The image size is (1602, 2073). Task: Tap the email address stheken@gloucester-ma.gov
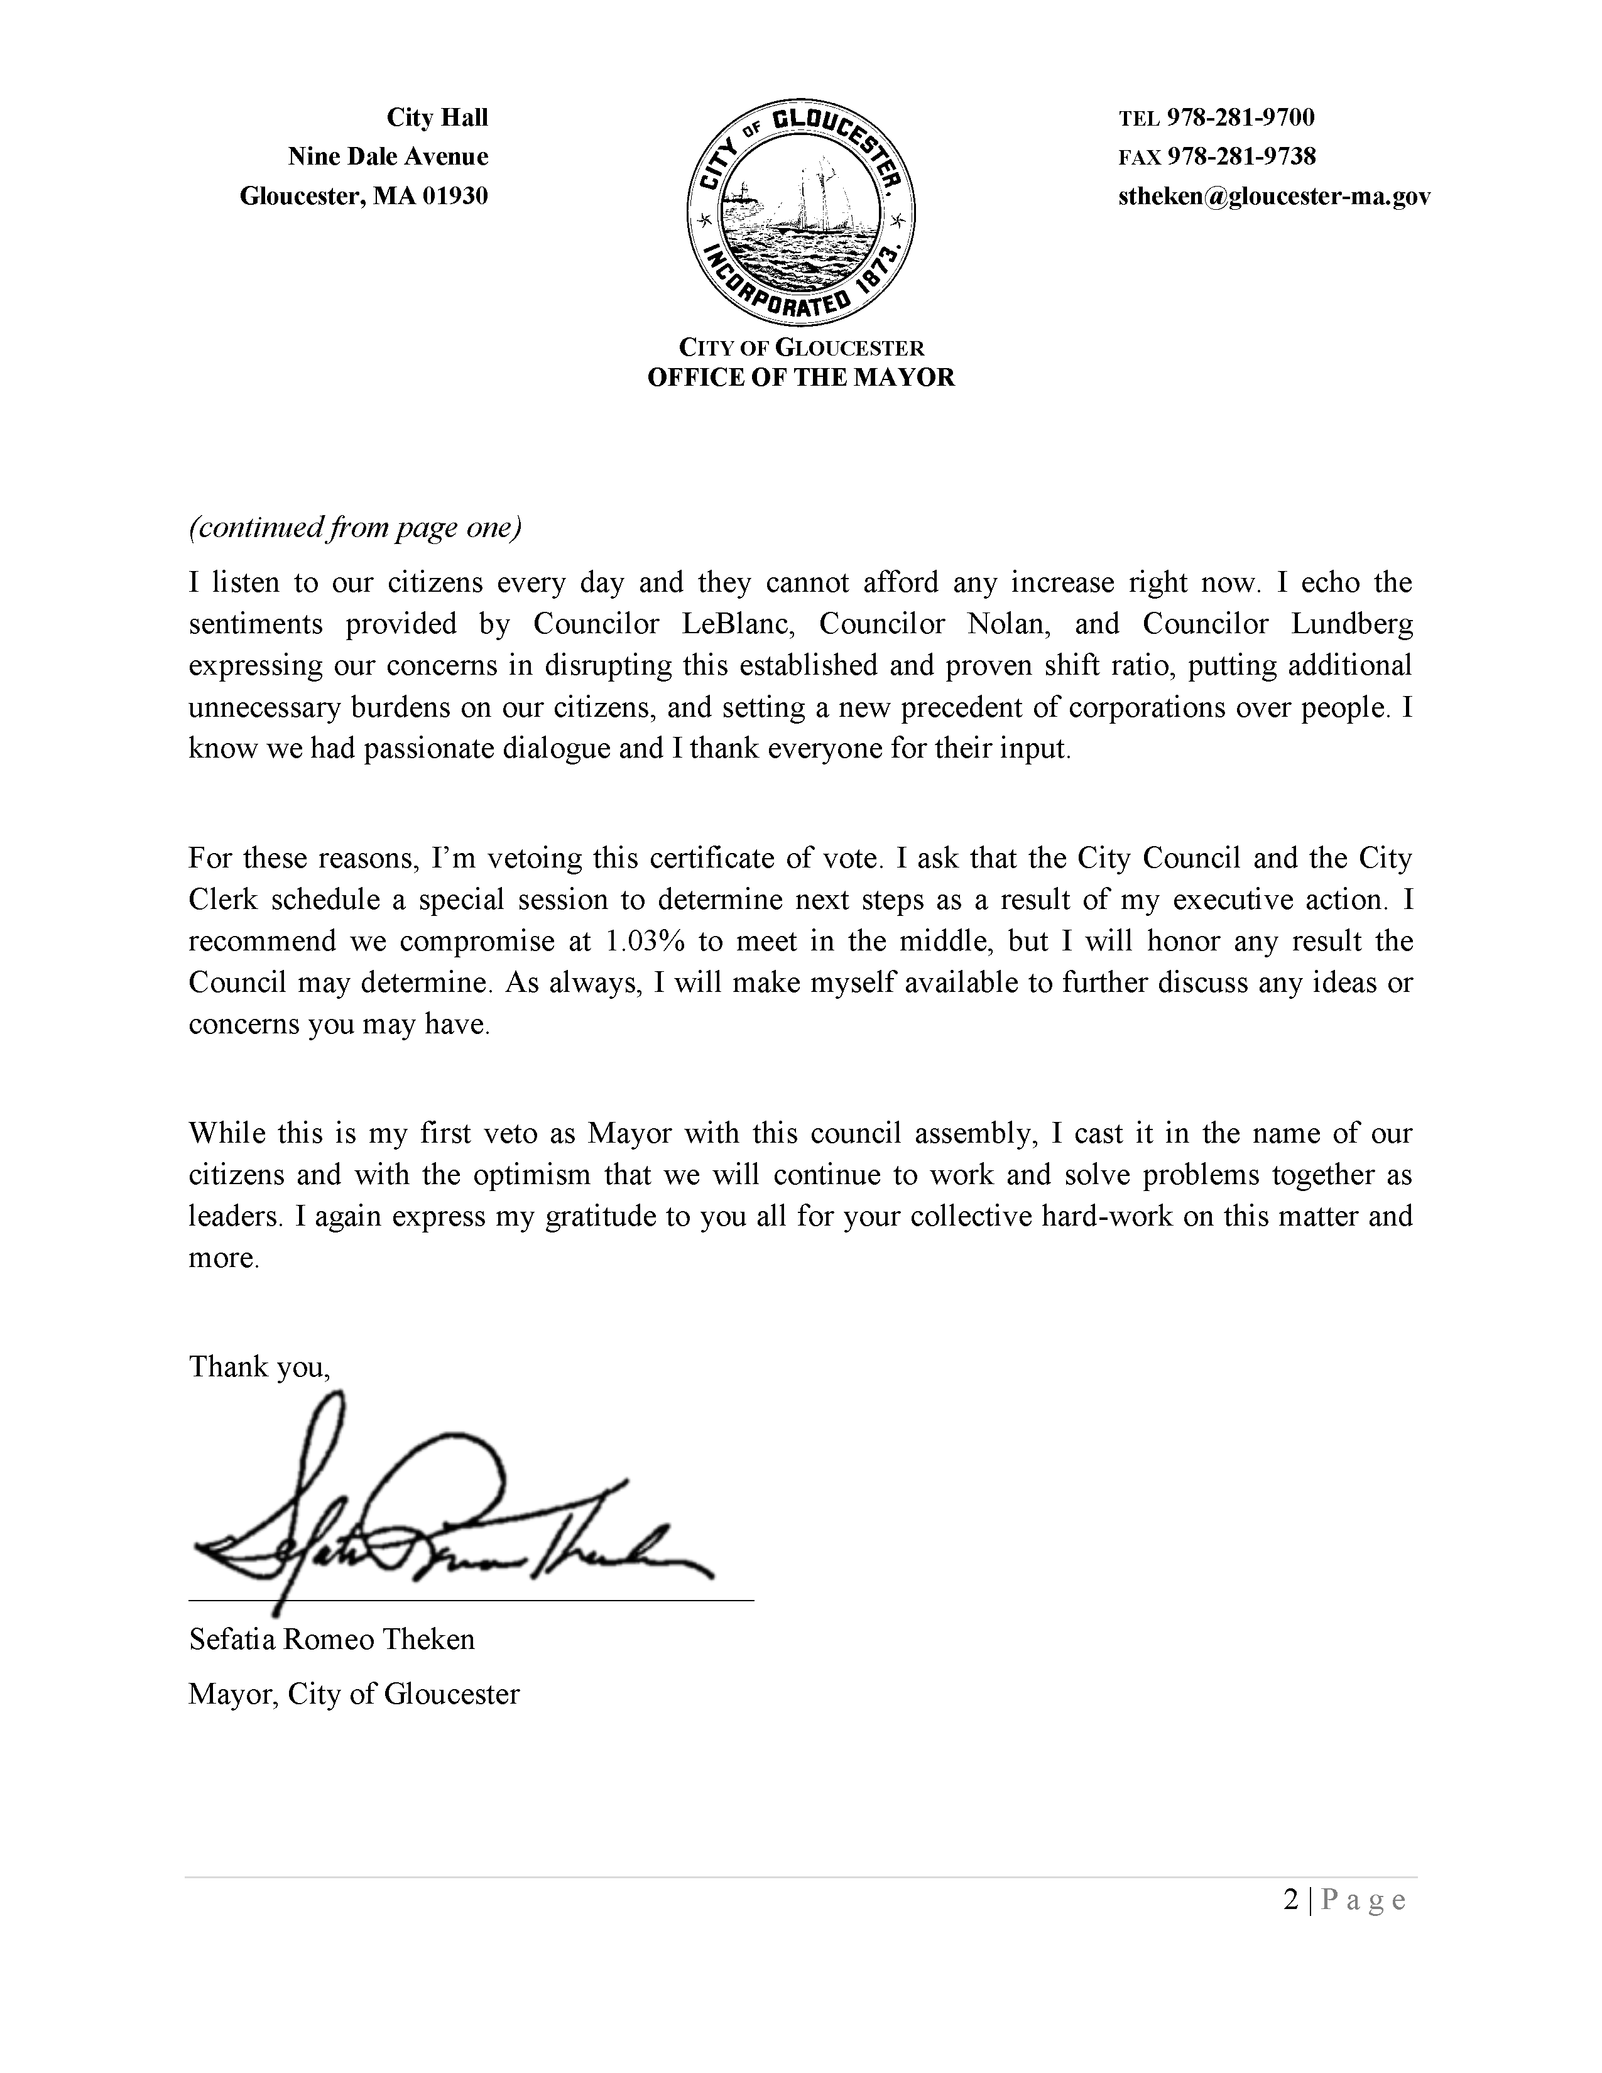tap(1273, 197)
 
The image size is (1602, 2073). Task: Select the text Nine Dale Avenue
tap(388, 156)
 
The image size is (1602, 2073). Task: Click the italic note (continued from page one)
tap(355, 528)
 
